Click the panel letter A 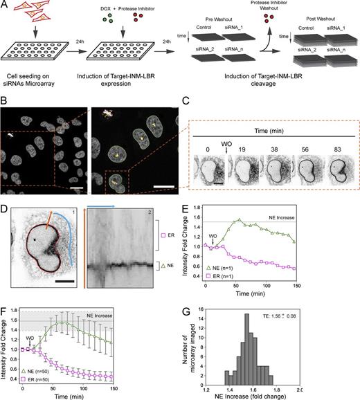[x=6, y=6]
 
